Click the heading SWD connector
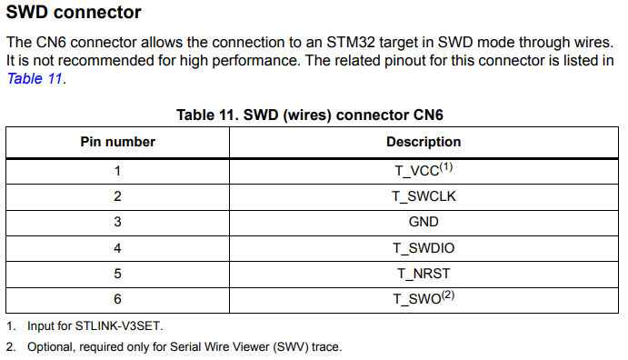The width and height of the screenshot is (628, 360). coord(74,13)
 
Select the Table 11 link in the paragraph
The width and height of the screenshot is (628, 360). coord(35,78)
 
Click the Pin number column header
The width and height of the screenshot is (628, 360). coord(117,142)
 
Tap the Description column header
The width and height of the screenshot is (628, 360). coord(423,142)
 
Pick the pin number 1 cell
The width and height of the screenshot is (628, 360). coord(117,171)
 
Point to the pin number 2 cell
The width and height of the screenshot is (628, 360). coord(117,196)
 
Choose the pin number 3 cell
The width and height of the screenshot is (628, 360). coord(117,222)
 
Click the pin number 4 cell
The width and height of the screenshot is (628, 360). coord(117,247)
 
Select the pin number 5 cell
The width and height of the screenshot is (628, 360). coord(117,273)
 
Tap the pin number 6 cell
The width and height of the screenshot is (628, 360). coord(117,298)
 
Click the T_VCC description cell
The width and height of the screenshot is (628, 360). coord(423,171)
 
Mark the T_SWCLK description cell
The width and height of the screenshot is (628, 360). coord(423,196)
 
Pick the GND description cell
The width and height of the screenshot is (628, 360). coord(423,222)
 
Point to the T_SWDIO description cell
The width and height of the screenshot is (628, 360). coord(423,247)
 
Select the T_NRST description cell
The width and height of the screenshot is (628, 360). coord(423,273)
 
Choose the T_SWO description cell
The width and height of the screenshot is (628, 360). coord(423,298)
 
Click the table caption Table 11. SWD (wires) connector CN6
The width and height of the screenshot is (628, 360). coord(309,115)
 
